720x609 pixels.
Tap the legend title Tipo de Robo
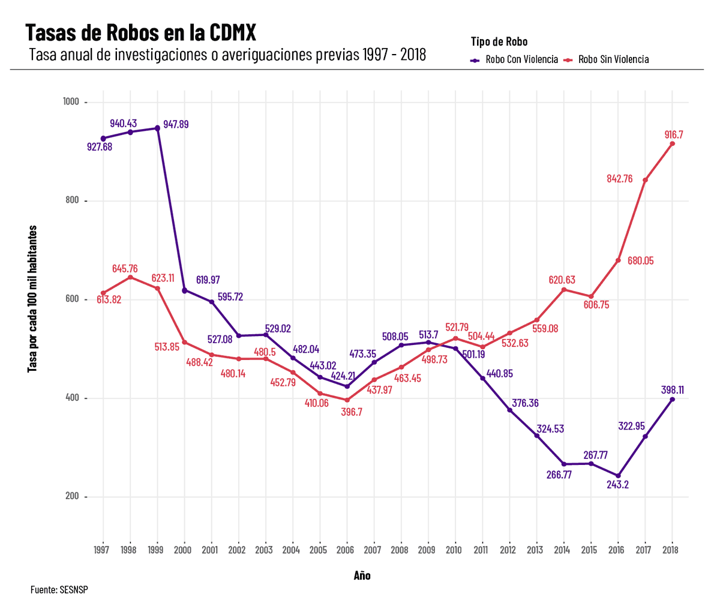[x=499, y=41]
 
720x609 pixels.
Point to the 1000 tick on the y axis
[x=71, y=102]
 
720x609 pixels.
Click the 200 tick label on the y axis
[x=71, y=497]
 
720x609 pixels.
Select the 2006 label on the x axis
[x=346, y=550]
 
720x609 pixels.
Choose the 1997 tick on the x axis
[x=102, y=550]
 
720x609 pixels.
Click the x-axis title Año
[x=362, y=576]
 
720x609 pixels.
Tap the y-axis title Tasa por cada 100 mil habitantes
[x=33, y=299]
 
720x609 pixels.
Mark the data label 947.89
[x=176, y=124]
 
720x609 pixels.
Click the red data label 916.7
[x=674, y=135]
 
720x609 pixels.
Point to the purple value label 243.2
[x=617, y=485]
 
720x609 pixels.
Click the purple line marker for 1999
[x=157, y=128]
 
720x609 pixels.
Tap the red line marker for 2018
[x=672, y=144]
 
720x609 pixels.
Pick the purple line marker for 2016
[x=618, y=476]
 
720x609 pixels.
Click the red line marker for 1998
[x=130, y=277]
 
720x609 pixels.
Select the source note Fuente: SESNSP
[x=59, y=590]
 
